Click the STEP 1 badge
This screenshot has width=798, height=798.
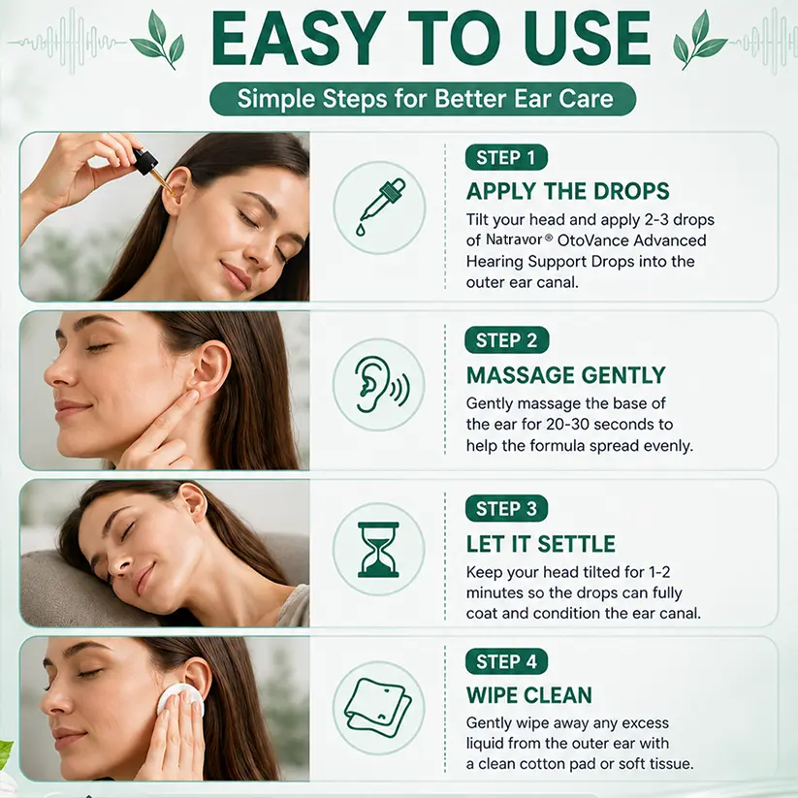[x=506, y=158]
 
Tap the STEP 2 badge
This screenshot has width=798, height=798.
[x=506, y=340]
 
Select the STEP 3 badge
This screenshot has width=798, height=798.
[x=506, y=508]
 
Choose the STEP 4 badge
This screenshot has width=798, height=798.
[x=506, y=661]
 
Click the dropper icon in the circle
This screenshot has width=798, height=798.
[x=380, y=207]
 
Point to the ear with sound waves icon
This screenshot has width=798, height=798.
[x=382, y=383]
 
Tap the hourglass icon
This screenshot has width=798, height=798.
[x=378, y=550]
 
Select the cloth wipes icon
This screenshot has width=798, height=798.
[x=378, y=708]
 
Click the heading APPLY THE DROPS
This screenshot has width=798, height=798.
[x=567, y=191]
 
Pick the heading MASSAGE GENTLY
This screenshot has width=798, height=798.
[x=566, y=375]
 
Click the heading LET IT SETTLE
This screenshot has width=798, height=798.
[x=540, y=544]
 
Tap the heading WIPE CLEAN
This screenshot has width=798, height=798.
[x=529, y=695]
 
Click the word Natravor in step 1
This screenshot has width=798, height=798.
[x=514, y=239]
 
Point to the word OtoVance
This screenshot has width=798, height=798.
[x=592, y=240]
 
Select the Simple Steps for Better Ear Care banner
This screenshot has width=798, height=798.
[x=423, y=99]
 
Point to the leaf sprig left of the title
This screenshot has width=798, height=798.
[x=158, y=40]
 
